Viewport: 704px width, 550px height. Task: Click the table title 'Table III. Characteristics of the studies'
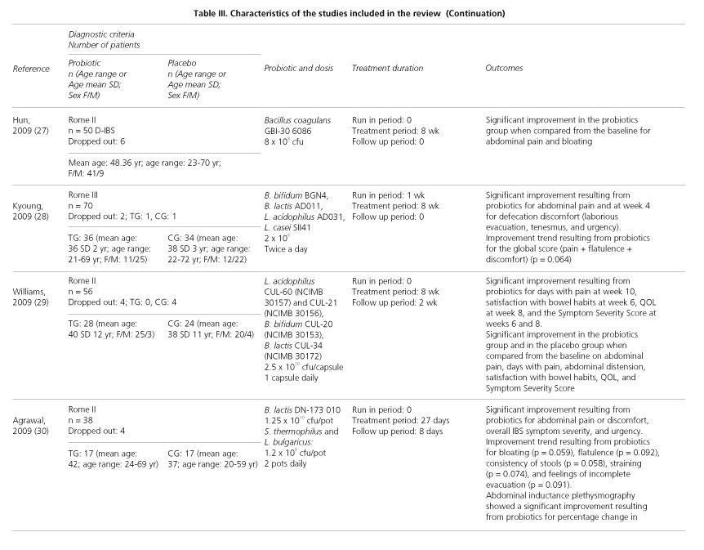pyautogui.click(x=351, y=13)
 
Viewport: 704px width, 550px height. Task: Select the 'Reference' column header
pyautogui.click(x=31, y=69)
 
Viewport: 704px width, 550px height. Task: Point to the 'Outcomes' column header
pyautogui.click(x=504, y=69)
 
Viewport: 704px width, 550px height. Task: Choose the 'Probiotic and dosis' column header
pyautogui.click(x=300, y=69)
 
